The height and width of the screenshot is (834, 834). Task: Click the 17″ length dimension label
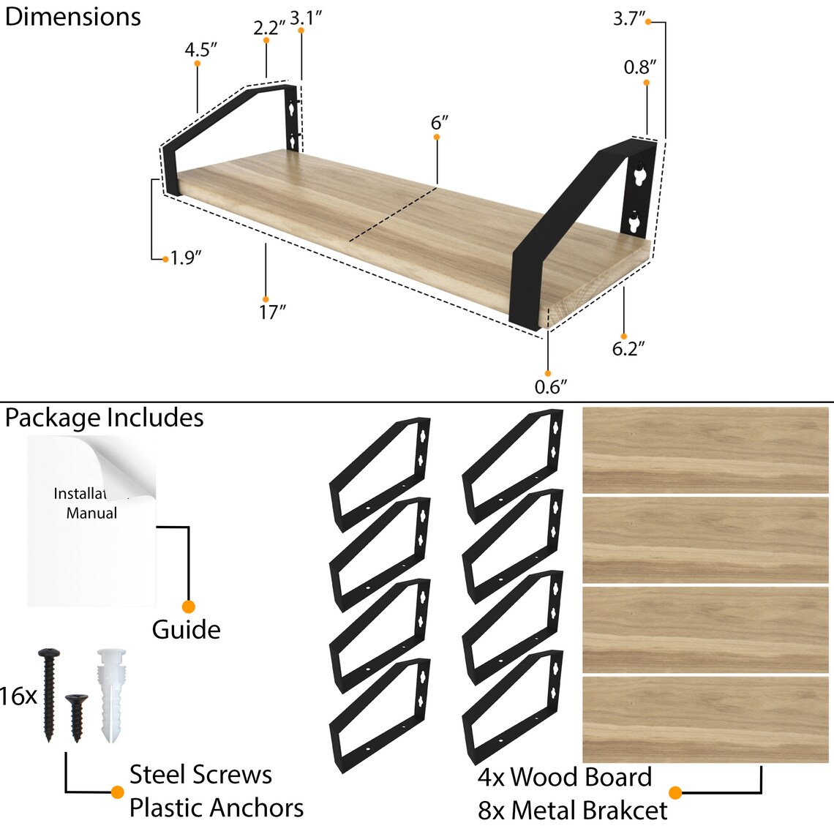pyautogui.click(x=272, y=312)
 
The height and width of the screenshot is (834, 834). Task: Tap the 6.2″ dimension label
pyautogui.click(x=628, y=349)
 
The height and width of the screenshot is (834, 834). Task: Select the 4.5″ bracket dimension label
pyautogui.click(x=200, y=50)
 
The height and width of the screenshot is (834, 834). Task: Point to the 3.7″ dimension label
pyautogui.click(x=629, y=18)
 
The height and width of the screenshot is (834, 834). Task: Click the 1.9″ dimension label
pyautogui.click(x=186, y=258)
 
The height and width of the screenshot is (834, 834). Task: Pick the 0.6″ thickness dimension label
pyautogui.click(x=550, y=387)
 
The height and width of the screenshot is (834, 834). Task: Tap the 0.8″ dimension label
pyautogui.click(x=640, y=67)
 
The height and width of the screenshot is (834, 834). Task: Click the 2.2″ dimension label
pyautogui.click(x=269, y=28)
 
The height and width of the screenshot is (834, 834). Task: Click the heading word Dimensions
pyautogui.click(x=73, y=17)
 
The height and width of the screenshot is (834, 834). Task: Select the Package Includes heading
pyautogui.click(x=104, y=418)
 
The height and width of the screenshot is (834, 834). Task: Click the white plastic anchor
pyautogui.click(x=111, y=696)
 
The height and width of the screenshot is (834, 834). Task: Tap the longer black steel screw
pyautogui.click(x=49, y=695)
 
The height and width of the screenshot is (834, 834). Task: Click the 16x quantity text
pyautogui.click(x=18, y=696)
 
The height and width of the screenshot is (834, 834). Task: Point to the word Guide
pyautogui.click(x=186, y=630)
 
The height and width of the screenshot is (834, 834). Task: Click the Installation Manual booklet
pyautogui.click(x=91, y=521)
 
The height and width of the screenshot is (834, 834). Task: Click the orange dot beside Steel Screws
pyautogui.click(x=118, y=792)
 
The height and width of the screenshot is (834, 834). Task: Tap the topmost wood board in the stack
pyautogui.click(x=705, y=451)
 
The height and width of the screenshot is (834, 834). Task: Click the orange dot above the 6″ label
pyautogui.click(x=437, y=138)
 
